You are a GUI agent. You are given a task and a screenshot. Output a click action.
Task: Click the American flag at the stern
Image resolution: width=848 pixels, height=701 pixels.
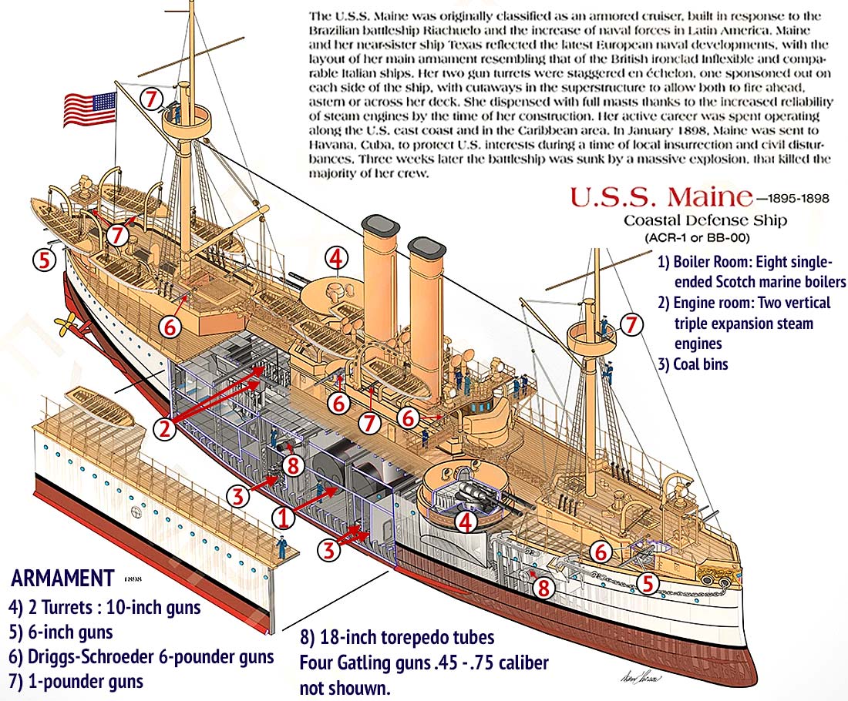89,109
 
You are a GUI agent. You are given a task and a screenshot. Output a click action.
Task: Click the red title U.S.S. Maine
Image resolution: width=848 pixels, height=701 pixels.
661,197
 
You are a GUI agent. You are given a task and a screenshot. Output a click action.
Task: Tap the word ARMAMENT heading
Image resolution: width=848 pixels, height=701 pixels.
62,578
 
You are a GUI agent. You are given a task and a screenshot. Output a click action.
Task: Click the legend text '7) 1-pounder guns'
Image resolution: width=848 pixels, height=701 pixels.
76,681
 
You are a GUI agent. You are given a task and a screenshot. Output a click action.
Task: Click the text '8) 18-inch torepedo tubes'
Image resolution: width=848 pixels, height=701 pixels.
397,638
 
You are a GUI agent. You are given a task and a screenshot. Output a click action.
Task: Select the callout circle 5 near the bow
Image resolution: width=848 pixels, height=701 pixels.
648,583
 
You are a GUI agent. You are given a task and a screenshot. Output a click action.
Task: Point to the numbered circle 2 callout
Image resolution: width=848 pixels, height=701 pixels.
164,429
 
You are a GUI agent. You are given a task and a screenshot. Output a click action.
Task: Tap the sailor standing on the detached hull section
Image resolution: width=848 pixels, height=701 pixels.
283,548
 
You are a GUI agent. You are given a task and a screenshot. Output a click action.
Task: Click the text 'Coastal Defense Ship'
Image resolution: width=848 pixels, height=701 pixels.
705,221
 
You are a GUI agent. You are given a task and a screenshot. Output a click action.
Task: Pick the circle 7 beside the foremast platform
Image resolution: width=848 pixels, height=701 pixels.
631,324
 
